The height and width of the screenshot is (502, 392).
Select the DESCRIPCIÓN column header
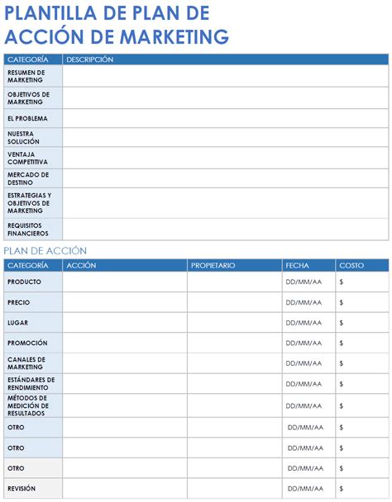(x=89, y=59)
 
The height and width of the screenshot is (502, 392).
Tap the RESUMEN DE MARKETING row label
(x=26, y=76)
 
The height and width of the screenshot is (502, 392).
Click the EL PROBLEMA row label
(x=27, y=118)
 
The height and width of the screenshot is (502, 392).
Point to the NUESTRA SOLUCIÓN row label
(x=23, y=137)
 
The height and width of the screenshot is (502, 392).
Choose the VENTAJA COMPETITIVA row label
(x=27, y=158)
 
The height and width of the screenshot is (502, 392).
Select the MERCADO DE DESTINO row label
(x=28, y=178)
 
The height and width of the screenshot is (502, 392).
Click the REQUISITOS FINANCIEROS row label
(x=29, y=229)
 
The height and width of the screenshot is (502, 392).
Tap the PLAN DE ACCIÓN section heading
(x=45, y=251)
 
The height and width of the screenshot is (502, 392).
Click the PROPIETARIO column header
(x=213, y=265)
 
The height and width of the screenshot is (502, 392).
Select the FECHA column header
(x=297, y=265)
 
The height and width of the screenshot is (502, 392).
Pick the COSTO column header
(x=351, y=265)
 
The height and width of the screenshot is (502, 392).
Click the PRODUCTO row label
(x=24, y=282)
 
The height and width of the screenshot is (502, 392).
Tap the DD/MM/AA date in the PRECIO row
(x=304, y=302)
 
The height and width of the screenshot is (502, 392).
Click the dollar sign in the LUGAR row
(x=342, y=323)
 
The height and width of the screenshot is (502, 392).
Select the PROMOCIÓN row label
(x=27, y=343)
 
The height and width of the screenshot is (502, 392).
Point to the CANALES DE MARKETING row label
(x=26, y=363)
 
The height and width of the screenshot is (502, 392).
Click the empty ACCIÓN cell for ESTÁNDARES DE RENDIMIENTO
(x=124, y=384)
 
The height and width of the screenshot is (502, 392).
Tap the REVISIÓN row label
(x=22, y=488)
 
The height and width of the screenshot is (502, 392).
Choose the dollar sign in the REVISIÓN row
(x=342, y=489)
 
